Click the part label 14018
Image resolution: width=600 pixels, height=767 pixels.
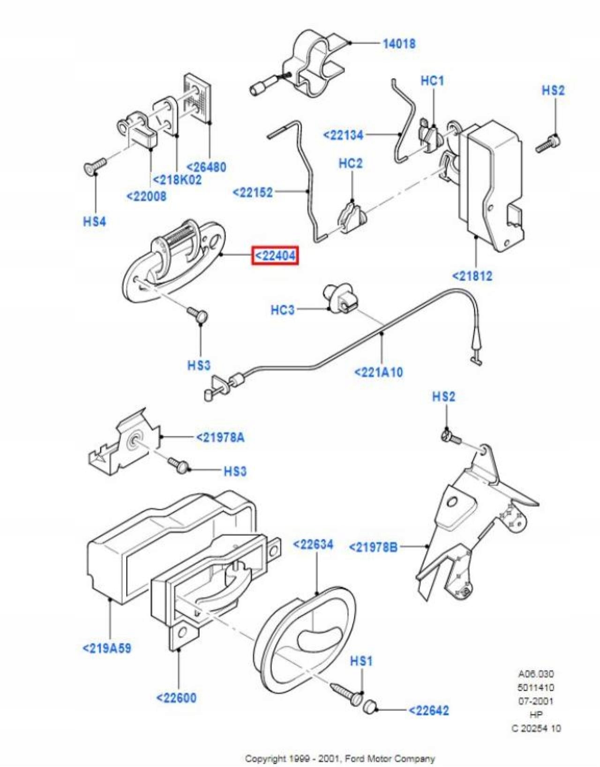click(x=399, y=44)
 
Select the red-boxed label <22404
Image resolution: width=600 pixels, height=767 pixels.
click(x=275, y=255)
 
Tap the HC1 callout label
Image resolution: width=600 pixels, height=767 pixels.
click(x=432, y=81)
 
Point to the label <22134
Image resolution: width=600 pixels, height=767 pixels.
click(x=343, y=135)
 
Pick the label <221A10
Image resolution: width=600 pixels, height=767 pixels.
click(x=378, y=372)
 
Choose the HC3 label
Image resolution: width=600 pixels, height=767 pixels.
click(x=283, y=310)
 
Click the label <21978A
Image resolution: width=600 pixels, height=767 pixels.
click(x=220, y=438)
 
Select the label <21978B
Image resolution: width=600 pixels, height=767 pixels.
click(x=373, y=547)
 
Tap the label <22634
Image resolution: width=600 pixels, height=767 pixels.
click(x=313, y=544)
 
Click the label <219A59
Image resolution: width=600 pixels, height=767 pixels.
click(x=107, y=648)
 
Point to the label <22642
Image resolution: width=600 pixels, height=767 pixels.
click(x=429, y=710)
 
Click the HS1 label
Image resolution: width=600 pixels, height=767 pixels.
click(x=361, y=660)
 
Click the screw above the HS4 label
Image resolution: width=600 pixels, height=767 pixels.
click(x=95, y=165)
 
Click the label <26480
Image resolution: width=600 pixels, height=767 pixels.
click(x=206, y=167)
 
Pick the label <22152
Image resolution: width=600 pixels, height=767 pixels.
click(x=253, y=193)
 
